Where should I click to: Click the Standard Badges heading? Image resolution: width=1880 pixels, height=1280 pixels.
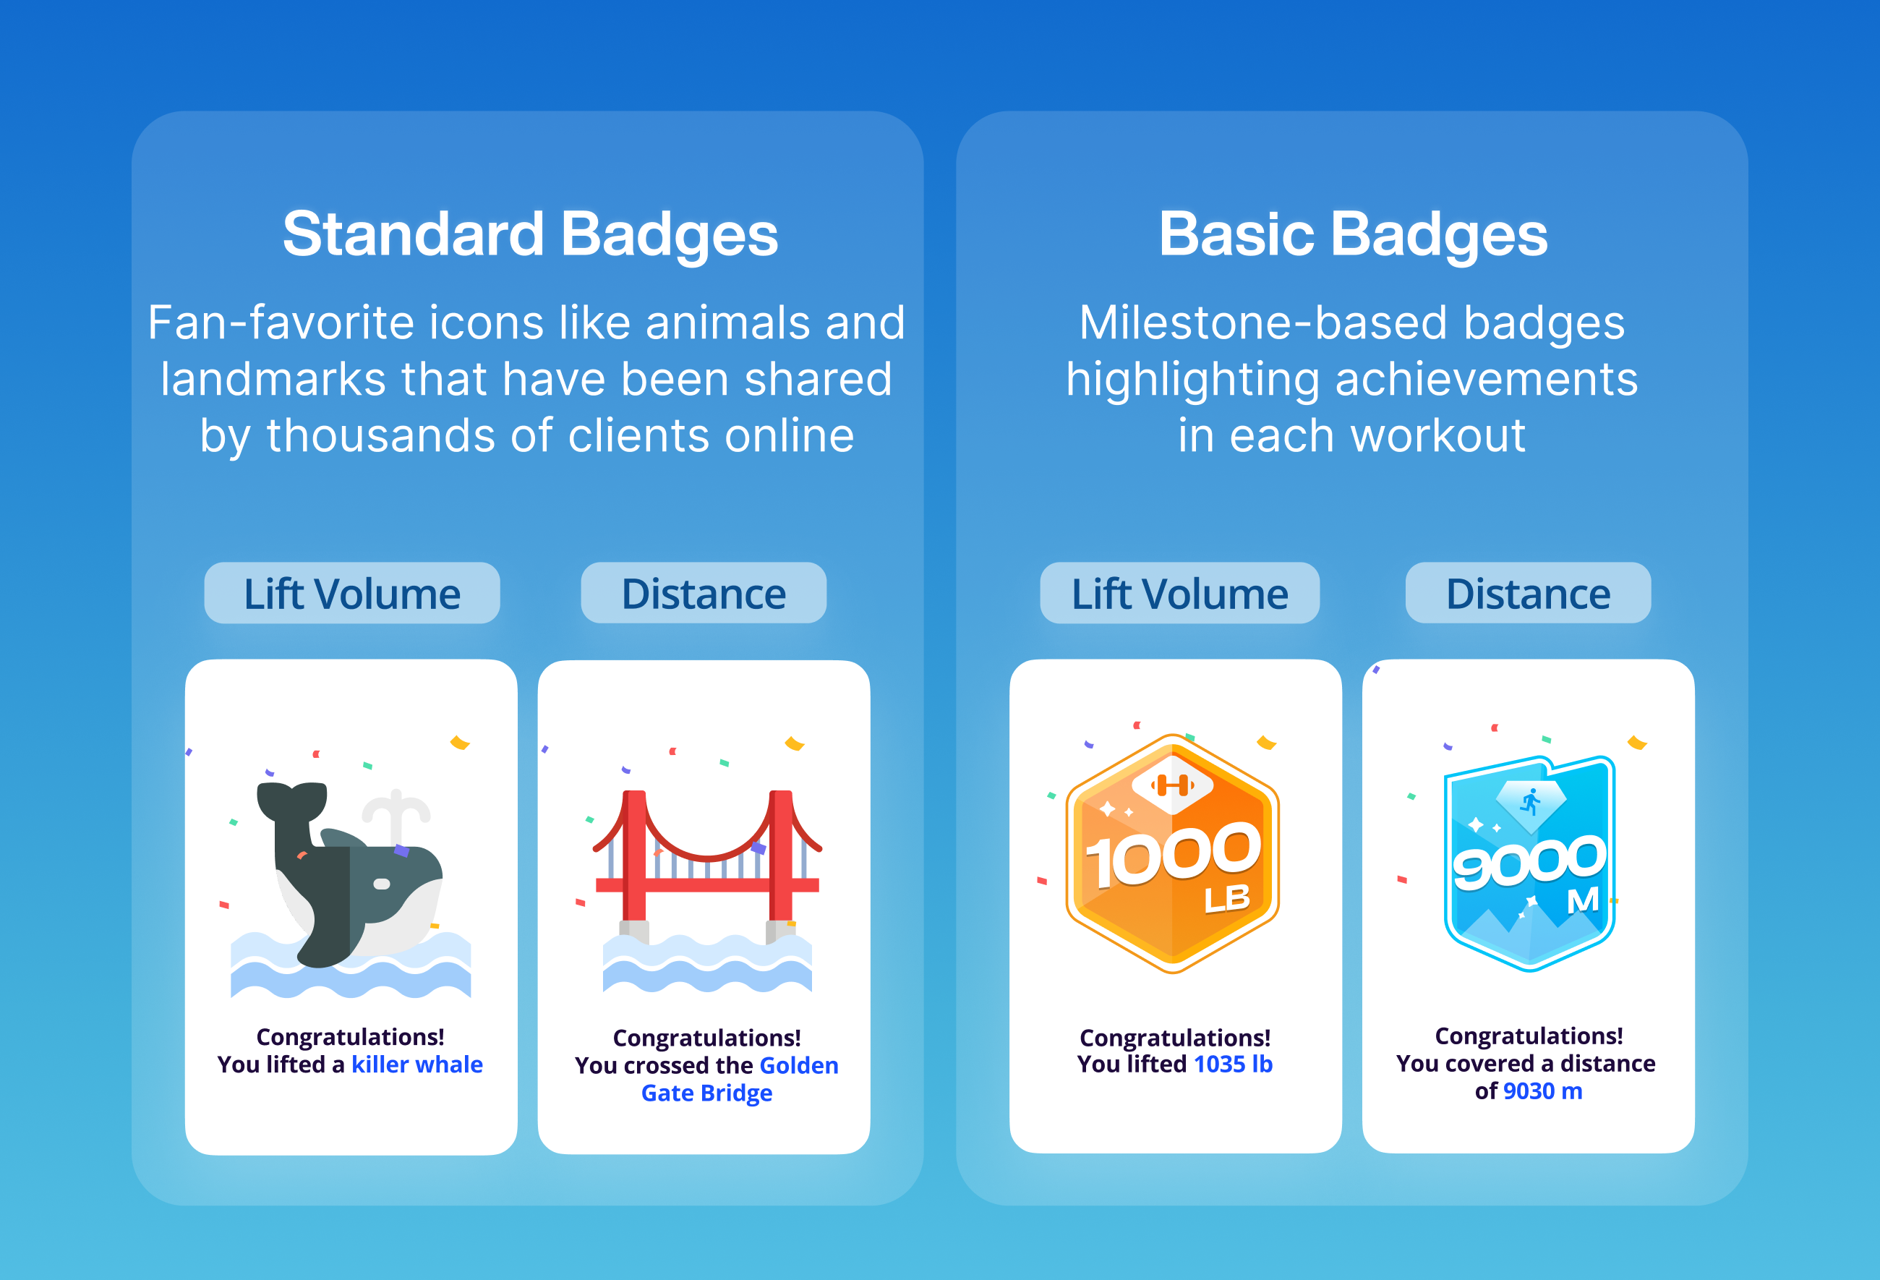coord(530,234)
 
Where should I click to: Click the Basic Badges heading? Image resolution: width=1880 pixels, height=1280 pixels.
coord(1353,234)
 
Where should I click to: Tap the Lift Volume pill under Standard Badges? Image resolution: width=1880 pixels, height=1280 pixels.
coord(352,593)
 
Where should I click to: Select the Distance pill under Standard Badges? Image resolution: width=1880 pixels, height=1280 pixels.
coord(704,593)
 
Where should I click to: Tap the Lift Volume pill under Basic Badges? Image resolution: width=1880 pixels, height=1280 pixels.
coord(1179,593)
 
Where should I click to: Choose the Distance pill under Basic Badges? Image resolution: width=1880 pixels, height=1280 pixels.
coord(1528,593)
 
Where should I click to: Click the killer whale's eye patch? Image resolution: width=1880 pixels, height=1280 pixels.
coord(382,884)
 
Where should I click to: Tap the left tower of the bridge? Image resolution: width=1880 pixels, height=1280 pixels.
coord(634,858)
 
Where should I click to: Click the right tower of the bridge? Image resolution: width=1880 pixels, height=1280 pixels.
coord(781,858)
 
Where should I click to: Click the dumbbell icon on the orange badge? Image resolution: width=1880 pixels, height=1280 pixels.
coord(1172,784)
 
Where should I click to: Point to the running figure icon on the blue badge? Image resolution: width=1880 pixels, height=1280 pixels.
coord(1531,802)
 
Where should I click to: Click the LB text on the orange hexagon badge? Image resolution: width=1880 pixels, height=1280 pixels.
coord(1226,899)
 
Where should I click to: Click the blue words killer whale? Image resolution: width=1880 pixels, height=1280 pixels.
coord(416,1064)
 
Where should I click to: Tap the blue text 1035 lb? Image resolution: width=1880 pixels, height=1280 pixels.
coord(1233,1064)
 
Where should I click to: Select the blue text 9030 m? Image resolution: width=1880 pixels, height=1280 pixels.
coord(1542,1091)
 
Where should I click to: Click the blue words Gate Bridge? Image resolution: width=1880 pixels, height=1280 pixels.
coord(707,1093)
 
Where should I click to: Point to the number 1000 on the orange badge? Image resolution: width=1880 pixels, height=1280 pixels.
coord(1173,856)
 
